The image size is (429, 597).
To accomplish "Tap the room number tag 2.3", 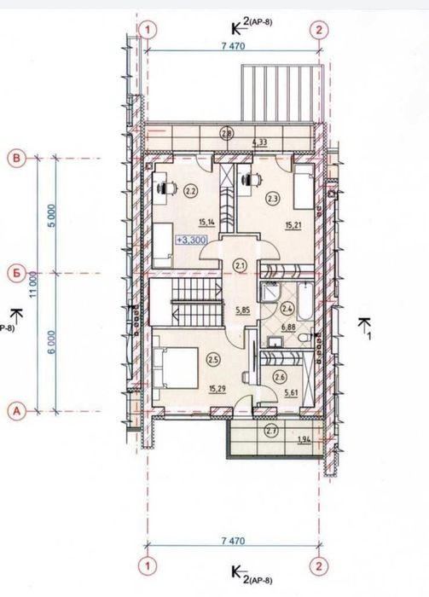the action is (x=272, y=198).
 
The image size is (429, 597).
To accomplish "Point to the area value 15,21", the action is (x=293, y=225).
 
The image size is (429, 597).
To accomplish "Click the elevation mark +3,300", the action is (x=191, y=240).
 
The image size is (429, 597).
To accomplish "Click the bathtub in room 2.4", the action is (x=305, y=302).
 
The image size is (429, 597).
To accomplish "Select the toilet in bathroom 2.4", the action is (x=305, y=338).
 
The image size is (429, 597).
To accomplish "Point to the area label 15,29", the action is (x=217, y=388).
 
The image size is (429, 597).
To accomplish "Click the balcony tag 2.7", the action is (x=272, y=431).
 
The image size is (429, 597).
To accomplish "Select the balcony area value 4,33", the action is (x=259, y=143).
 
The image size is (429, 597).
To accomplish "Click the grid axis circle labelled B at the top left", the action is (x=16, y=159).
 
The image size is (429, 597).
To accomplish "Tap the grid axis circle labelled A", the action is (x=16, y=411).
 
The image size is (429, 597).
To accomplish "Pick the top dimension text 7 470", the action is (x=234, y=46).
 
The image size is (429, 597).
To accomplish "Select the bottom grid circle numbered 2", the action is (x=319, y=566).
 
